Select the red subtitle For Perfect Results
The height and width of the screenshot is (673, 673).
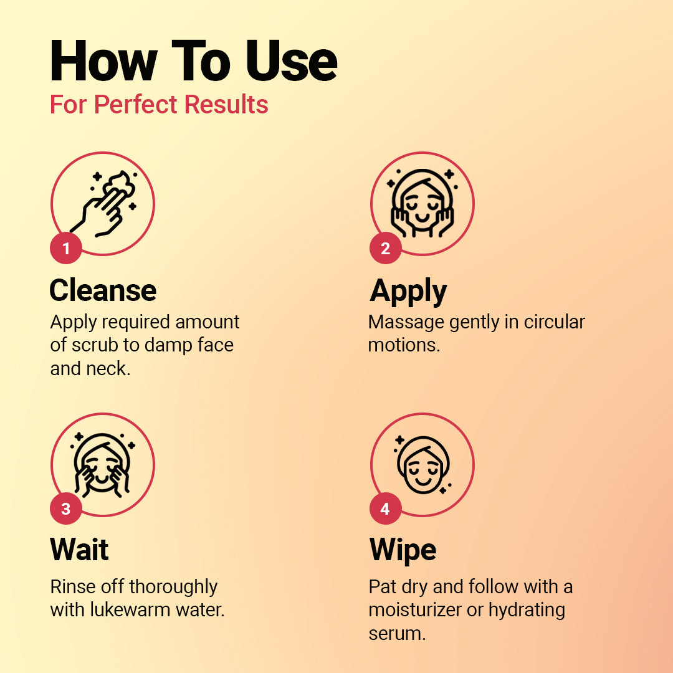[160, 104]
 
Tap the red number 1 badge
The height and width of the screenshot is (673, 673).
[65, 248]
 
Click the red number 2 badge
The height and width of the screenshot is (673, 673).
[386, 248]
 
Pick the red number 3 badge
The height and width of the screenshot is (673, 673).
[65, 508]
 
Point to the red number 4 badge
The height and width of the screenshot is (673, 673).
[386, 508]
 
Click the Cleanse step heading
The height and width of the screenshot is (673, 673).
[103, 290]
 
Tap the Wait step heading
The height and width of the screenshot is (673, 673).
[79, 549]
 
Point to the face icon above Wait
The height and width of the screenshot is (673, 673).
[102, 465]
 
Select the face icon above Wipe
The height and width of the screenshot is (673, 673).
[422, 465]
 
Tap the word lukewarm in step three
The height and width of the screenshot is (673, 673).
[130, 609]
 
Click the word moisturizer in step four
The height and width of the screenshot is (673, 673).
[414, 609]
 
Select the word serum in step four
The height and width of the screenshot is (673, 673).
[397, 634]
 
